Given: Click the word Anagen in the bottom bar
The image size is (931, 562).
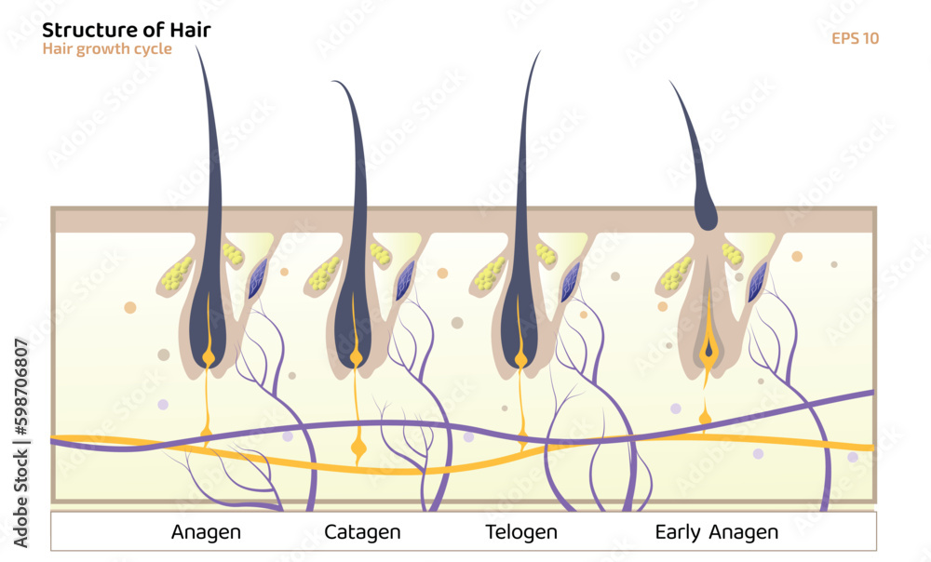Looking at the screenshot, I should coord(206,532).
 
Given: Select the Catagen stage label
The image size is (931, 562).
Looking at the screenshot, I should coord(362,532).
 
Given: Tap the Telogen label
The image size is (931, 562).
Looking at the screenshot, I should coord(521,532).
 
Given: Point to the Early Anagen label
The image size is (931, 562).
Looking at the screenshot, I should coord(716,532).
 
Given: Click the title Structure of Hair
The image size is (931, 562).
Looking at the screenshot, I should coord(127,30).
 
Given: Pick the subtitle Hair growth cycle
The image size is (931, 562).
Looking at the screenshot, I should coord(107,48).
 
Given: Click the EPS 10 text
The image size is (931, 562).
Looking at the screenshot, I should coord(855,38).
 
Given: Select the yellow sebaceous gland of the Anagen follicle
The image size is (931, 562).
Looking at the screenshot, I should coord(173,272).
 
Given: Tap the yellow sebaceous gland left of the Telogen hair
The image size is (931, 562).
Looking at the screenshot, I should coord(488,273).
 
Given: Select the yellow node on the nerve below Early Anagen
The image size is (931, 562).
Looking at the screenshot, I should coord(706,418).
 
